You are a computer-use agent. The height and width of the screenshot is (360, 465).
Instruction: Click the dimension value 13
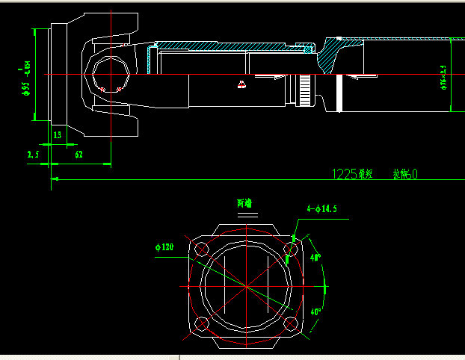click(x=58, y=135)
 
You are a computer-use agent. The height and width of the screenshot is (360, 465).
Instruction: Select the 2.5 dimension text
click(x=33, y=155)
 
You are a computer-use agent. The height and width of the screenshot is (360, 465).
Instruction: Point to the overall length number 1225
click(x=345, y=174)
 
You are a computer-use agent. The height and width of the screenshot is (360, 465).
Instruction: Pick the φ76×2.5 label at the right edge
click(x=443, y=78)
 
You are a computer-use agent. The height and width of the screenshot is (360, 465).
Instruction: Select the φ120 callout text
click(x=164, y=246)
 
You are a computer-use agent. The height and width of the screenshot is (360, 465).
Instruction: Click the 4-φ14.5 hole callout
click(x=321, y=210)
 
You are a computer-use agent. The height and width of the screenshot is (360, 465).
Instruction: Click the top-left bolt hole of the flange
click(x=200, y=249)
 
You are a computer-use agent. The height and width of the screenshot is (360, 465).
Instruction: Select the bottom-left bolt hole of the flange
click(x=200, y=323)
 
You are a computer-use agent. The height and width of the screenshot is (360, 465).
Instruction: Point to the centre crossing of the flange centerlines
click(x=245, y=286)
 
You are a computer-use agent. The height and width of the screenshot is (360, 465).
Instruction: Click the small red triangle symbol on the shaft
click(x=241, y=84)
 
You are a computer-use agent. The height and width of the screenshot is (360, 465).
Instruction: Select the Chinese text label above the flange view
click(x=244, y=202)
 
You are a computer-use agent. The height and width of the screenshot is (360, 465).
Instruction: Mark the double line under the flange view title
click(x=245, y=214)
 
